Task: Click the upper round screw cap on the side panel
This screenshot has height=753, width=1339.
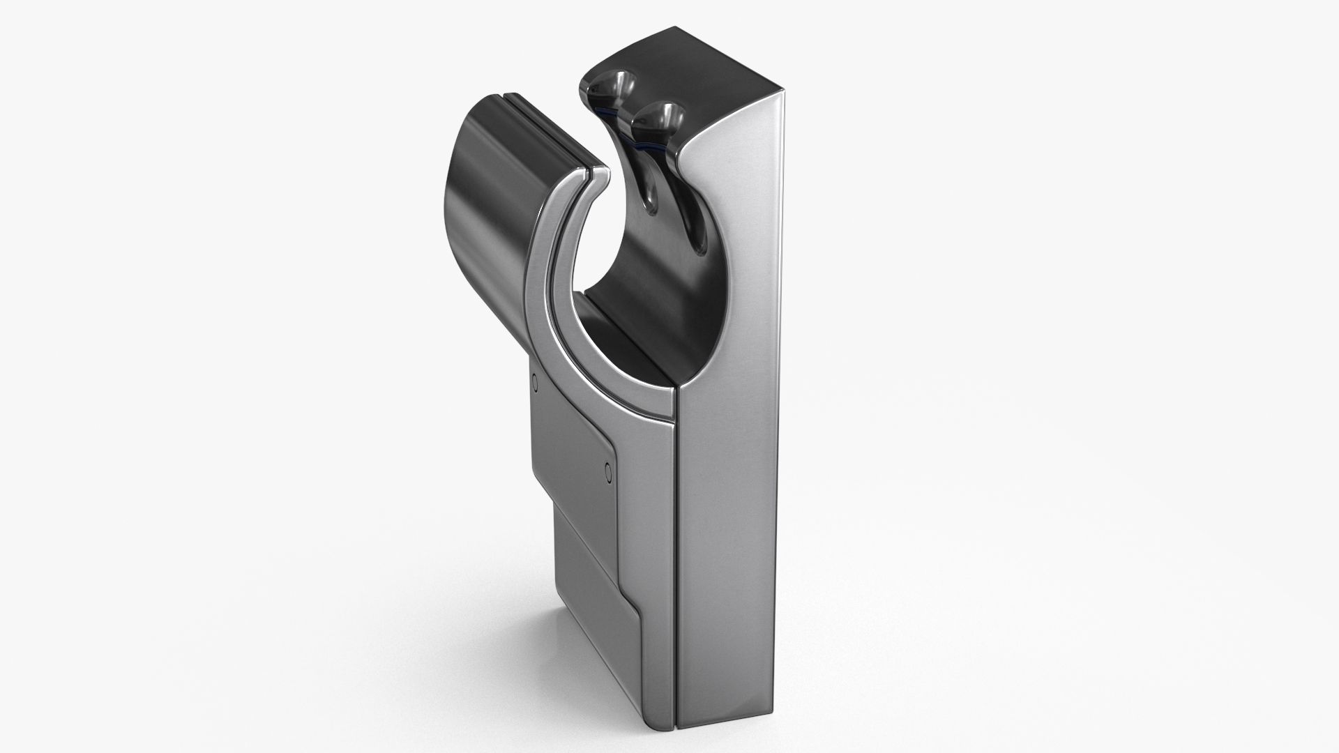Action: tap(535, 381)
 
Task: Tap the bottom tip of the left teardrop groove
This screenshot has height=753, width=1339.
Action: tap(651, 208)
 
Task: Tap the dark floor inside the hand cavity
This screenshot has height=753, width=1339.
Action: tap(628, 335)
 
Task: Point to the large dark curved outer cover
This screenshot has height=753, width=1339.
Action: tap(481, 188)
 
